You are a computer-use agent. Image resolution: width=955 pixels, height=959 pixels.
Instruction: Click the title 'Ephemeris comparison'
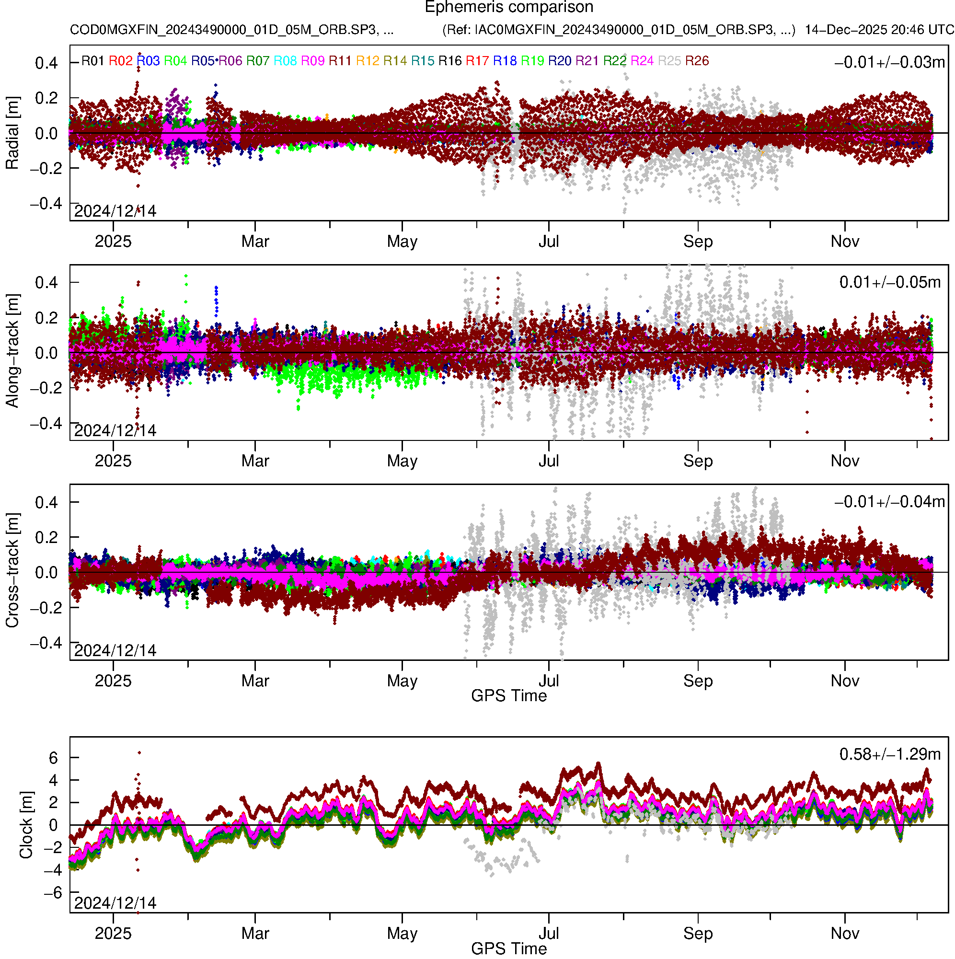[x=509, y=8]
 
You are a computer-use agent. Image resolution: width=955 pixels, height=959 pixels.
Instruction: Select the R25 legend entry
[x=669, y=61]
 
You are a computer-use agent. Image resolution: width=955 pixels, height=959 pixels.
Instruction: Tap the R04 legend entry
[x=175, y=61]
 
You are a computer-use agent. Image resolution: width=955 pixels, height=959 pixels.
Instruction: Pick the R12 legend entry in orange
[x=368, y=61]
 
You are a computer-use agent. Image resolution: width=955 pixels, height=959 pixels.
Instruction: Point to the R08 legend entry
[x=286, y=61]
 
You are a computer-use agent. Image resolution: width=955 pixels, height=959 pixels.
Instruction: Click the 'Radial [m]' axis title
[x=12, y=133]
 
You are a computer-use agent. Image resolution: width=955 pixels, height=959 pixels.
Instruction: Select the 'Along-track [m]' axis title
[x=12, y=351]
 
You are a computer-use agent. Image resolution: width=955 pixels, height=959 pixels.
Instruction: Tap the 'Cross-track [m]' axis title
[x=12, y=571]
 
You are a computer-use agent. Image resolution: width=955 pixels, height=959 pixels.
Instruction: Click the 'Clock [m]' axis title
[x=26, y=825]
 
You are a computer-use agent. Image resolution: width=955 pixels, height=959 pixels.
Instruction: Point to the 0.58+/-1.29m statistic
[x=889, y=754]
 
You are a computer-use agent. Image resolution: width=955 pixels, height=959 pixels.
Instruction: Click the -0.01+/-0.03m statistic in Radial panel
[x=889, y=62]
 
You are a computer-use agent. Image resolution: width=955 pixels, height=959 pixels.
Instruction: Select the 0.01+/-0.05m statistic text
[x=889, y=282]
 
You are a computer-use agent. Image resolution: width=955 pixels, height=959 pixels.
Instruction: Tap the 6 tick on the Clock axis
[x=53, y=758]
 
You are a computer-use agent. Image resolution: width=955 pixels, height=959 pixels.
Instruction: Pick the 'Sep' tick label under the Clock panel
[x=698, y=934]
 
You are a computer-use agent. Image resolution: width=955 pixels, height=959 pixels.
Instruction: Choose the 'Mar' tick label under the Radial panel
[x=255, y=242]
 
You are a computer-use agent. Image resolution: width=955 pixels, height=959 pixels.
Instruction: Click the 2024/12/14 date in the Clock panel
[x=115, y=903]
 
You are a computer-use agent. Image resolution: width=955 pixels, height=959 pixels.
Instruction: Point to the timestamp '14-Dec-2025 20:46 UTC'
[x=879, y=30]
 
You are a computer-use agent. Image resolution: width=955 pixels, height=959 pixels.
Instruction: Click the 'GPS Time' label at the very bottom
[x=509, y=948]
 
